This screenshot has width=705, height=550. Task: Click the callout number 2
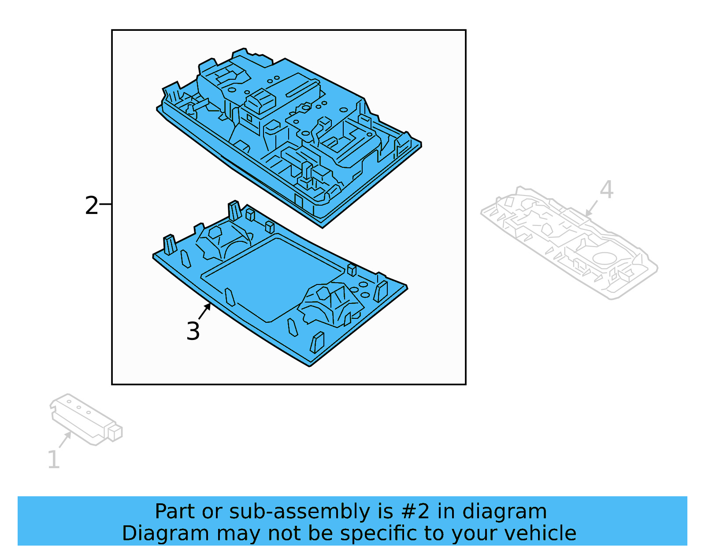click(x=91, y=206)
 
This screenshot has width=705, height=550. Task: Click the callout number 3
click(x=193, y=331)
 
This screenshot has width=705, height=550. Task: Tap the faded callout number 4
click(x=606, y=189)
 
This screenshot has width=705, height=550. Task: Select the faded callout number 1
click(x=54, y=459)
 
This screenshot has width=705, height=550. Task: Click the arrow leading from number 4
click(x=591, y=208)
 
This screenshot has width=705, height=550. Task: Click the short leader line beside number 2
click(x=105, y=204)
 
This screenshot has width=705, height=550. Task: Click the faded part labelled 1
click(x=86, y=419)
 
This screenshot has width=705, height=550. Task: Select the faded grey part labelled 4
click(x=569, y=243)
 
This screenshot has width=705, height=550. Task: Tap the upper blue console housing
click(x=289, y=138)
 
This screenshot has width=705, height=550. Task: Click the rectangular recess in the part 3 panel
click(x=272, y=281)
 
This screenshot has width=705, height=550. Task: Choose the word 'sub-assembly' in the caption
click(x=300, y=513)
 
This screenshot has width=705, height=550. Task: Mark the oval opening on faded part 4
click(x=604, y=258)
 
